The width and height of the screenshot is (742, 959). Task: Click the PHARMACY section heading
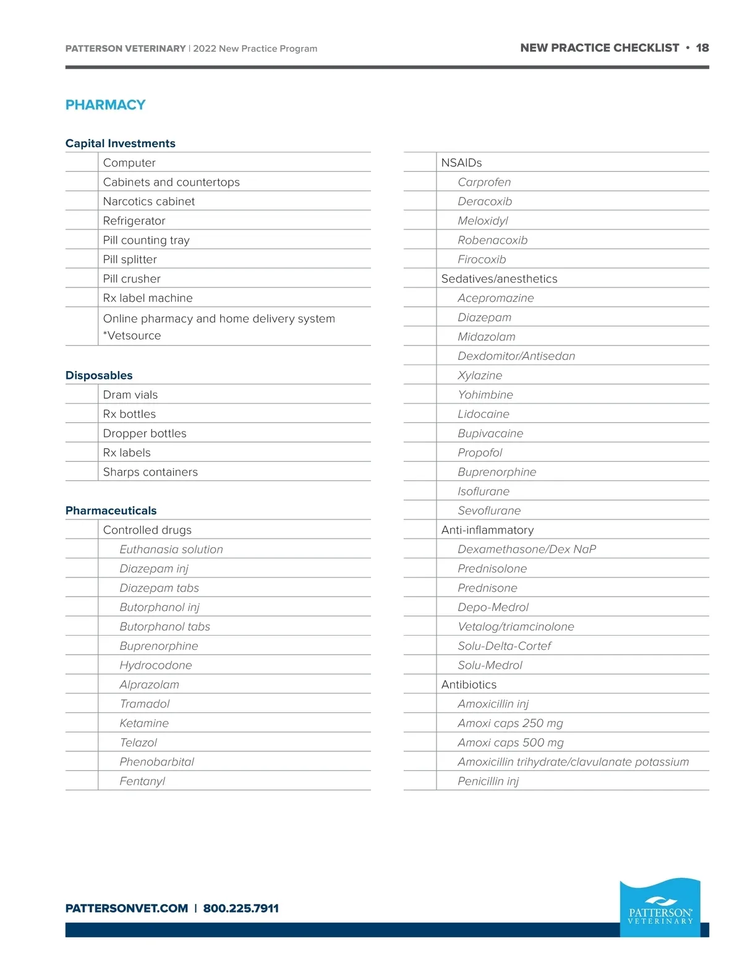(105, 105)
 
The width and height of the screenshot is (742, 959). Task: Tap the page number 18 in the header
(702, 48)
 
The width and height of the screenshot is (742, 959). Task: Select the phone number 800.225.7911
(241, 908)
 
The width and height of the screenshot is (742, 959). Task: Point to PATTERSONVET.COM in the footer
(127, 908)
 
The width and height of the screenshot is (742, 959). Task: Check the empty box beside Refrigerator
(82, 221)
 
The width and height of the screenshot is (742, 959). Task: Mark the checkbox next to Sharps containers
(82, 472)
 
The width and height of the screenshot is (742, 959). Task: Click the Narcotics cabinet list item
(148, 202)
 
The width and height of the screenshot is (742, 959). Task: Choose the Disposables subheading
(99, 375)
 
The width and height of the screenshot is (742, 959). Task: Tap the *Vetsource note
(132, 336)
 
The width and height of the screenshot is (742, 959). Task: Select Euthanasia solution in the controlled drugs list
(171, 549)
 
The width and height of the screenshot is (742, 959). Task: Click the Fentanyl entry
(142, 781)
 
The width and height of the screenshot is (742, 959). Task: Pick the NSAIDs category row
(461, 163)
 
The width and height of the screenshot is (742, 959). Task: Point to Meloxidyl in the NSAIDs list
(482, 221)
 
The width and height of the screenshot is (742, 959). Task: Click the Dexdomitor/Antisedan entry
(516, 356)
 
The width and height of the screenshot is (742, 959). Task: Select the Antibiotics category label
(469, 684)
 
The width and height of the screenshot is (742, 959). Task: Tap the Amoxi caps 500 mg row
(510, 743)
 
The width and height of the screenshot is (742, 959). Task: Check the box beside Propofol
(420, 453)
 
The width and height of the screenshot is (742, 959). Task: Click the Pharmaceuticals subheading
(111, 511)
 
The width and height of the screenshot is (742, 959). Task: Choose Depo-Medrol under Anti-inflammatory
(493, 607)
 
